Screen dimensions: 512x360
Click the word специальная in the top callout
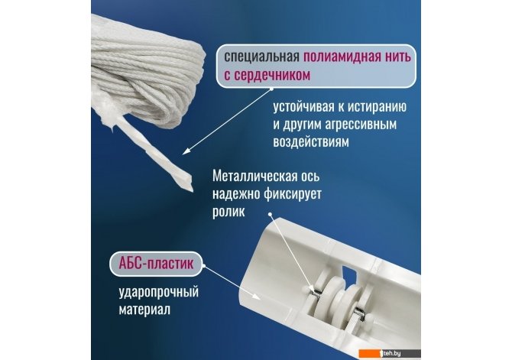coord(261,57)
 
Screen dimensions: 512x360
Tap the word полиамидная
coord(343,57)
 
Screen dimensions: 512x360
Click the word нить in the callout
coord(399,57)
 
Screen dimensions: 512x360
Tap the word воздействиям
coord(311,142)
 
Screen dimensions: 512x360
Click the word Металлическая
coord(254,177)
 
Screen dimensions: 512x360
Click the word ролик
coord(228,212)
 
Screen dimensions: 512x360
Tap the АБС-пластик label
coord(156,263)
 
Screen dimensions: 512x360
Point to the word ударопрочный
coord(159,292)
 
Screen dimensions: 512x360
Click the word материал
coord(144,310)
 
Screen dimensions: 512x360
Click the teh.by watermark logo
coord(390,353)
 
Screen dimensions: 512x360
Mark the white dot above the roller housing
coord(270,215)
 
